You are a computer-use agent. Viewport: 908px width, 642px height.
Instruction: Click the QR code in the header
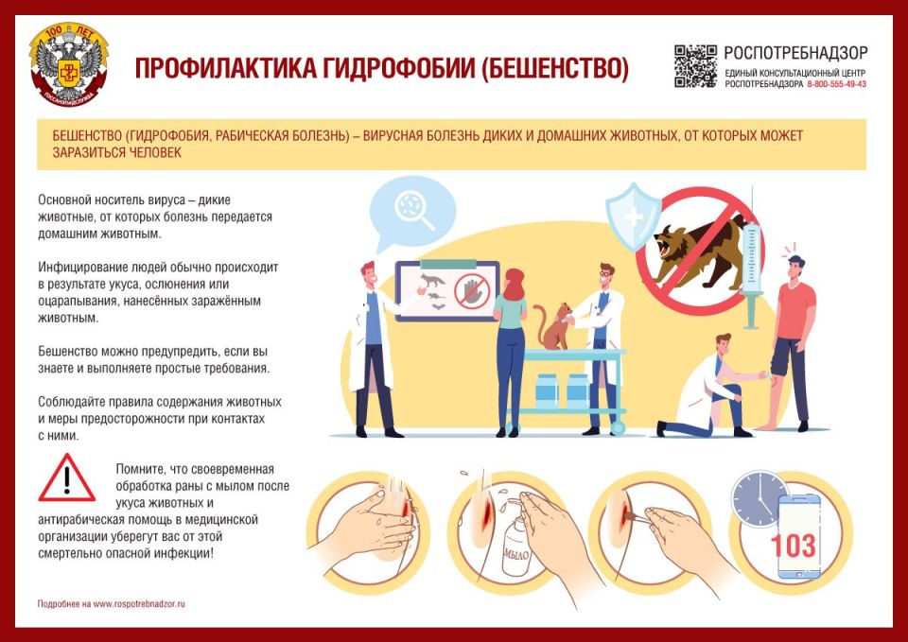pos(695,66)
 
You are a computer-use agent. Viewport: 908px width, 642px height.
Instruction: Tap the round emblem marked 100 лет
pos(69,66)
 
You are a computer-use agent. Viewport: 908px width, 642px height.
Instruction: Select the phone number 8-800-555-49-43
pos(836,84)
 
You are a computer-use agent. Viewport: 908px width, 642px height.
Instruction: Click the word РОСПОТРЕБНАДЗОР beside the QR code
pos(794,53)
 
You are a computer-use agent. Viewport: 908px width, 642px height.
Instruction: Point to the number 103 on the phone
pos(793,546)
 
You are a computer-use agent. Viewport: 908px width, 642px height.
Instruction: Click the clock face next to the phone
pos(754,496)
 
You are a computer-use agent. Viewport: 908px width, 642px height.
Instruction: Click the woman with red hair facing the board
pos(511,350)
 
